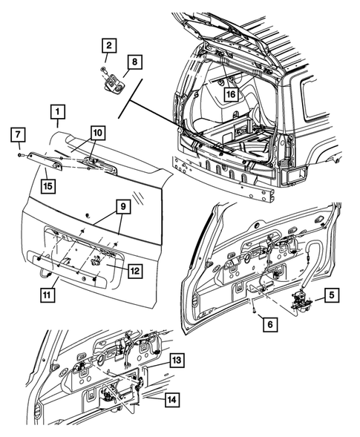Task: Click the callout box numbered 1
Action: pos(56,114)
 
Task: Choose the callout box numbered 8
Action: pos(134,62)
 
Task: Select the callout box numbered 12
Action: pos(134,272)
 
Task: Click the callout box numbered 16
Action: pos(230,95)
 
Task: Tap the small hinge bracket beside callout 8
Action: pos(113,82)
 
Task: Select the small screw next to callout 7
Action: pos(16,154)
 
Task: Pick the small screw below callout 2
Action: pos(102,68)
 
